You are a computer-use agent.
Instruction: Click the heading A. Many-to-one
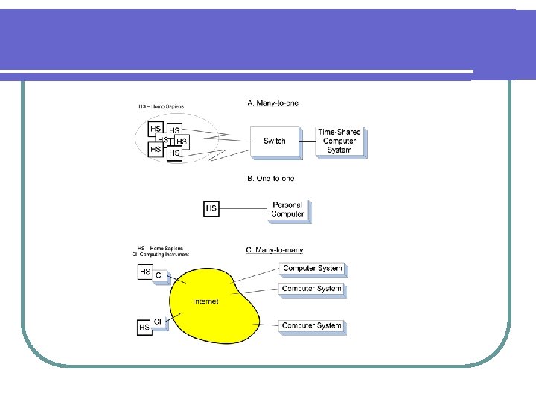point(272,103)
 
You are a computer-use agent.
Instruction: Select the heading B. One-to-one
point(271,179)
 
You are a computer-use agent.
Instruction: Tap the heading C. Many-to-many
point(274,250)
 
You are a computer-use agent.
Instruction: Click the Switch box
point(275,141)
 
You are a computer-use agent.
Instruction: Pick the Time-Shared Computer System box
point(339,141)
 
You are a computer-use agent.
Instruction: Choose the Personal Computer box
point(287,209)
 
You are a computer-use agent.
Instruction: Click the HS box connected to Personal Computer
point(211,208)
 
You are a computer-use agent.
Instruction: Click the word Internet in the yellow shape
point(205,301)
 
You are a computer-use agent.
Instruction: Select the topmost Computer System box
point(313,268)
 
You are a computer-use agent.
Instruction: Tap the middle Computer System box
point(312,289)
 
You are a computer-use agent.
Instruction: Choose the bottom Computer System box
point(312,325)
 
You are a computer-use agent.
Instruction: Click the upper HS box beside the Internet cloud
point(145,272)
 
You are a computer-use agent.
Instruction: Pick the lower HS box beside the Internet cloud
point(144,327)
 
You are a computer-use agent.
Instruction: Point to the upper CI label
point(159,275)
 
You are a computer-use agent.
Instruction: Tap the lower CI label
point(157,322)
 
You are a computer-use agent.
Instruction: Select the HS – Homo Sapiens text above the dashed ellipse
point(161,106)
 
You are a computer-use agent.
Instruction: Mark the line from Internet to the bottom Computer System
point(269,325)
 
